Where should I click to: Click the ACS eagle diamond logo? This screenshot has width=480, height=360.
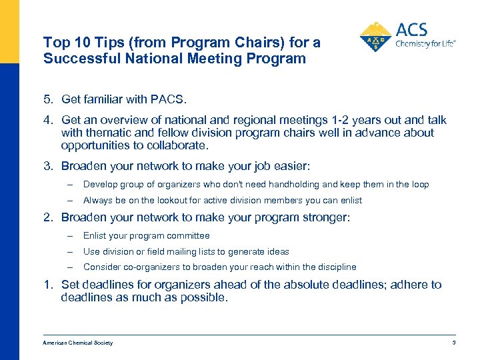pos(375,37)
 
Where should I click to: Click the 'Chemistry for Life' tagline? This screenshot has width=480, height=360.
pos(425,44)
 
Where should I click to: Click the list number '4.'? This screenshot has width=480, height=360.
pos(49,120)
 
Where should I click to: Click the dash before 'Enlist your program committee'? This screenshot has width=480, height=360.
pos(69,235)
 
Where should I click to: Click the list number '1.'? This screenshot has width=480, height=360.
pos(49,285)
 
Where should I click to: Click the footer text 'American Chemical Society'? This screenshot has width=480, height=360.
pos(77,343)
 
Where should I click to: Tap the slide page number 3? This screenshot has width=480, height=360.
pos(453,343)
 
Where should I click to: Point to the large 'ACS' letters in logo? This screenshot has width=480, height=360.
pos(411,30)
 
